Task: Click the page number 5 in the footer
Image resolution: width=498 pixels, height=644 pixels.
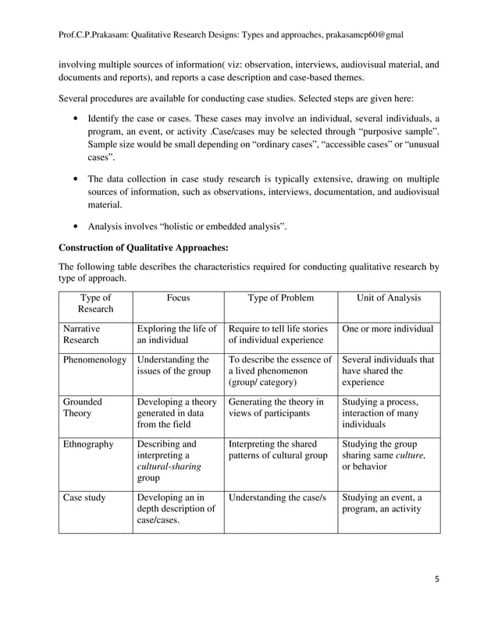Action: pos(436,579)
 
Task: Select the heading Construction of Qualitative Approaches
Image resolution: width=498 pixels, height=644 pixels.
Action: pos(144,248)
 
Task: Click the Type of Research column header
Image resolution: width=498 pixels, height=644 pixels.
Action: pos(95,303)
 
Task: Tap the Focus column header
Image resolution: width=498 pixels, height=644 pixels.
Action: pos(178,297)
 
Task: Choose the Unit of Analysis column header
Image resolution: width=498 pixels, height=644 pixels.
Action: pos(388,297)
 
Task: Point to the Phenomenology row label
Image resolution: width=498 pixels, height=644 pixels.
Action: pos(94,359)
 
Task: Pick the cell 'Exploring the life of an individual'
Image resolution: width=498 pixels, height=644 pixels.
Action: pos(176,334)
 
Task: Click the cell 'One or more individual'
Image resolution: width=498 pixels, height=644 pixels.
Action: pos(388,329)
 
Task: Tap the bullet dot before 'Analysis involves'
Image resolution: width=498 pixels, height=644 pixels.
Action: pos(73,228)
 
